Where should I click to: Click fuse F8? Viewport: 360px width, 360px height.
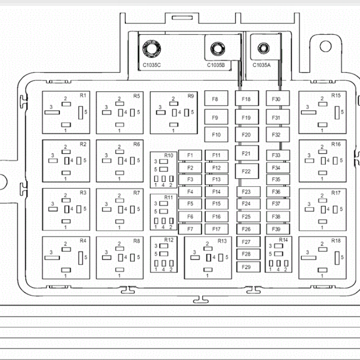click(216, 98)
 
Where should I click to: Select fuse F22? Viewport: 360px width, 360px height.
click(247, 171)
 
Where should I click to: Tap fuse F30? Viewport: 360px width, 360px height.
click(277, 98)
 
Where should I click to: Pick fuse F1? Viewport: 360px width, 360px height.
click(190, 155)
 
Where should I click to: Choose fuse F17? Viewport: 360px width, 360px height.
click(217, 229)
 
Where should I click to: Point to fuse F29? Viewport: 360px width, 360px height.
click(248, 267)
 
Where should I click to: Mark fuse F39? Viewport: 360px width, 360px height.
click(278, 229)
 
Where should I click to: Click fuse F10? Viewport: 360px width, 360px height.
click(216, 134)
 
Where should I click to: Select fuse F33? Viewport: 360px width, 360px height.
click(278, 155)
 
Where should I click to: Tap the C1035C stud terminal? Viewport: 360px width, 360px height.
click(151, 49)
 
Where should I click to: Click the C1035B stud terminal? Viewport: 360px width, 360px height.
click(218, 49)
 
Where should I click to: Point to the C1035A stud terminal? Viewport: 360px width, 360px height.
click(263, 48)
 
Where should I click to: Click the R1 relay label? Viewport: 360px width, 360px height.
click(83, 95)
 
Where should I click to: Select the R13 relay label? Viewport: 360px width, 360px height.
click(222, 241)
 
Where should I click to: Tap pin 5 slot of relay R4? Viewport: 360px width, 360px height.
click(81, 258)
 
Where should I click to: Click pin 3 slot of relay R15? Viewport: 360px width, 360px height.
click(308, 113)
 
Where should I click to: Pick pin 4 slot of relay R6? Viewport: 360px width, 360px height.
click(121, 161)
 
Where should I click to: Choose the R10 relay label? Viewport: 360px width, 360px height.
click(169, 155)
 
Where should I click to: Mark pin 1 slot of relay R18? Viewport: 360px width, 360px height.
click(322, 270)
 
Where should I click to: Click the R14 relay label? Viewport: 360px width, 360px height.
click(283, 240)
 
